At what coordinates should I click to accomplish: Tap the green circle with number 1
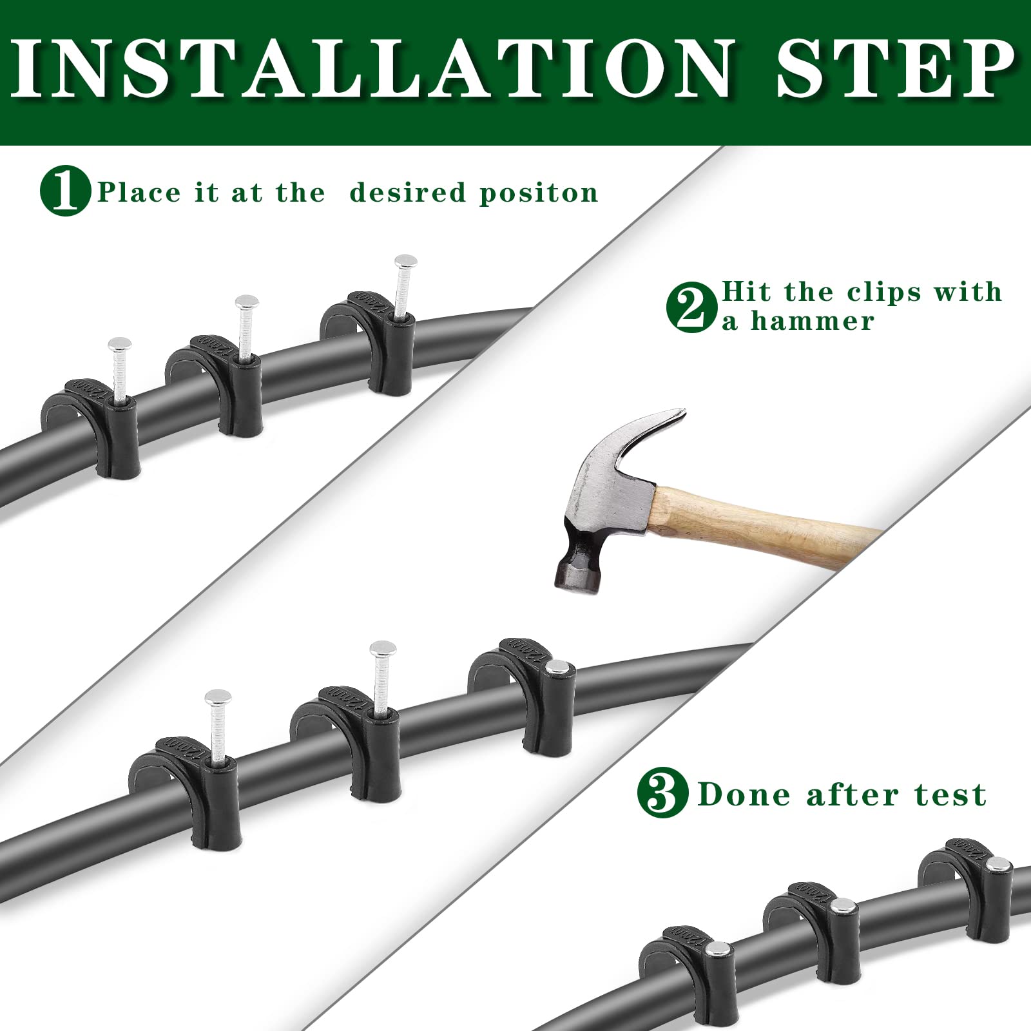pyautogui.click(x=65, y=191)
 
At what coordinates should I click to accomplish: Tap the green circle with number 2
pyautogui.click(x=691, y=307)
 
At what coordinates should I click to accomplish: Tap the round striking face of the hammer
pyautogui.click(x=577, y=574)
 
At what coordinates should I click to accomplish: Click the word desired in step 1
pyautogui.click(x=407, y=193)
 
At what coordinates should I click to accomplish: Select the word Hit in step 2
pyautogui.click(x=746, y=291)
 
